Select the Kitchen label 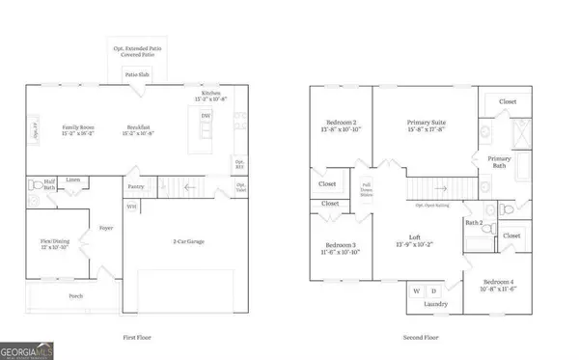click(x=209, y=94)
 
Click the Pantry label click(x=135, y=186)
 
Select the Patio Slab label click(x=135, y=73)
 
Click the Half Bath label click(x=48, y=181)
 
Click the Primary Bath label click(x=499, y=162)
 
